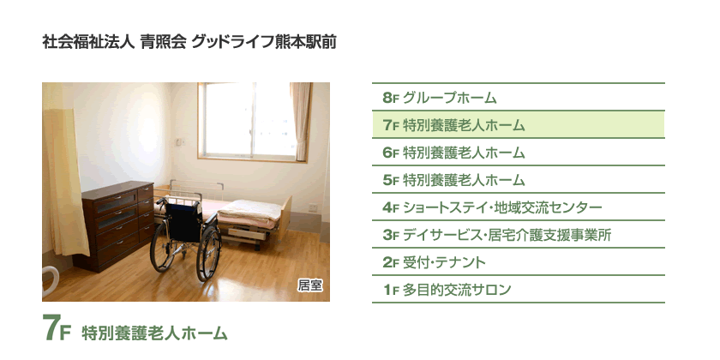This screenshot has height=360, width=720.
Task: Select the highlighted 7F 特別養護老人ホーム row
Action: (x=518, y=124)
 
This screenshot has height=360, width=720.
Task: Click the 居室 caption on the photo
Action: (x=310, y=285)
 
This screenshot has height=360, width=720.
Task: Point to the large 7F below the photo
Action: (x=57, y=328)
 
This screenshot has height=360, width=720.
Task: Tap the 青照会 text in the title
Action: (x=164, y=42)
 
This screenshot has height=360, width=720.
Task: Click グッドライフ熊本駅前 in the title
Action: (x=264, y=42)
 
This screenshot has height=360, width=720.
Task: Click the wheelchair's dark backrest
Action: (x=183, y=222)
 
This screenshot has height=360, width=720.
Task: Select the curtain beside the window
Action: (x=301, y=121)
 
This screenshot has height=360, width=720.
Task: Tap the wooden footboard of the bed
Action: (x=285, y=219)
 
